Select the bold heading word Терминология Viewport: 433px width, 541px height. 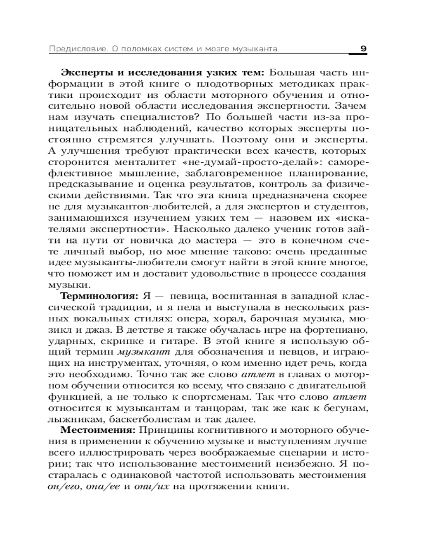pyautogui.click(x=99, y=296)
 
